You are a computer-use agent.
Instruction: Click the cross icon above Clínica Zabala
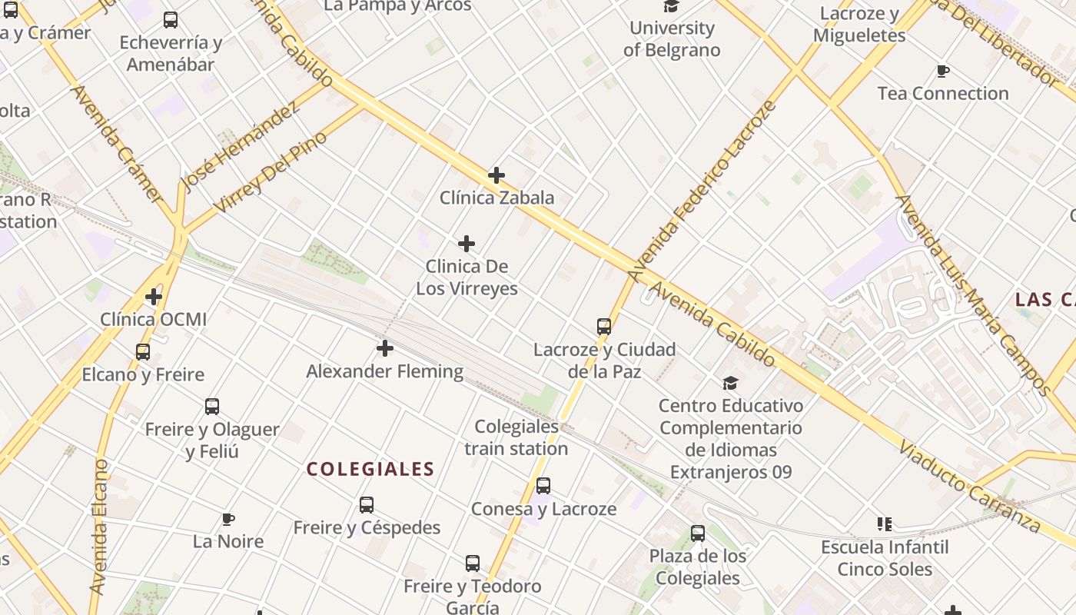496,175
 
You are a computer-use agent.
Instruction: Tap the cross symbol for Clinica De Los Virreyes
467,244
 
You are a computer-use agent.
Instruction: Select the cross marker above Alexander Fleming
385,349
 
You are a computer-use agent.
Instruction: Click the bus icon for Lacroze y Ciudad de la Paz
604,327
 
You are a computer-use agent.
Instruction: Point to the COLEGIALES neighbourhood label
370,469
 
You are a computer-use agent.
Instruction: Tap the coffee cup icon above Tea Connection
943,71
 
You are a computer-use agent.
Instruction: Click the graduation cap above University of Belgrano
672,7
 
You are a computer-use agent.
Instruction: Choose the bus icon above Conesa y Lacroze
543,486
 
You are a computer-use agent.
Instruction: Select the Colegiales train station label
516,437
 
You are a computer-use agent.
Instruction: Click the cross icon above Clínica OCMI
154,296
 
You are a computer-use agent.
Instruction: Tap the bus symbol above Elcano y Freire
143,352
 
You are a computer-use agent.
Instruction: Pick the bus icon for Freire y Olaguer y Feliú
212,407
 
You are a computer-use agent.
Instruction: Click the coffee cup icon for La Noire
228,519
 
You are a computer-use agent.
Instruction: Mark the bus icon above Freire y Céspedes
367,505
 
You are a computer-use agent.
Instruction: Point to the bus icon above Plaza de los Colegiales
698,534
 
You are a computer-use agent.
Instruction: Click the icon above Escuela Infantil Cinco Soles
885,524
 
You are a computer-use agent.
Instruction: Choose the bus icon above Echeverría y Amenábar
171,20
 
